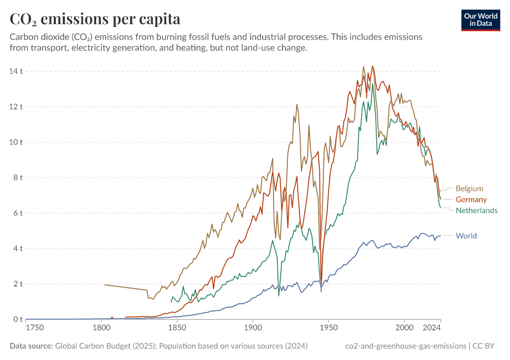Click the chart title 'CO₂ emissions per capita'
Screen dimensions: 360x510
pyautogui.click(x=95, y=19)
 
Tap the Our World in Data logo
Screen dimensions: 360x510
pyautogui.click(x=481, y=20)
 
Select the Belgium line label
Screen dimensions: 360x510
pyautogui.click(x=469, y=188)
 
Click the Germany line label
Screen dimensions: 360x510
pyautogui.click(x=471, y=199)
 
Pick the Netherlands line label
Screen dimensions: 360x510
pyautogui.click(x=476, y=211)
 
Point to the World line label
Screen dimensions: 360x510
pyautogui.click(x=466, y=236)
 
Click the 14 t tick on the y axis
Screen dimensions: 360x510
pyautogui.click(x=16, y=71)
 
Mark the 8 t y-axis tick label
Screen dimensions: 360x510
pyautogui.click(x=18, y=178)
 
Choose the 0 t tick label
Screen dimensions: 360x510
pyautogui.click(x=18, y=319)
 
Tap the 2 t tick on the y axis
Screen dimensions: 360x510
pyautogui.click(x=18, y=284)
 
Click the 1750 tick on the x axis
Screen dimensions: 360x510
pyautogui.click(x=35, y=328)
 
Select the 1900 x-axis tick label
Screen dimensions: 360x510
pyautogui.click(x=253, y=328)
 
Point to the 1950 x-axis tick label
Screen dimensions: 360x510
pyautogui.click(x=328, y=328)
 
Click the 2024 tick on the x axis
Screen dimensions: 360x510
pyautogui.click(x=431, y=328)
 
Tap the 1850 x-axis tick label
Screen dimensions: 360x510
pyautogui.click(x=177, y=328)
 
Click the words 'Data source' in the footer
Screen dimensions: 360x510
pyautogui.click(x=31, y=346)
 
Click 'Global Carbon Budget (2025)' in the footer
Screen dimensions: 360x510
pyautogui.click(x=104, y=346)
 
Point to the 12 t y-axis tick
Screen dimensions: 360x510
pyautogui.click(x=16, y=107)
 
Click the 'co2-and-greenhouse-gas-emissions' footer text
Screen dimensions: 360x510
pyautogui.click(x=406, y=346)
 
